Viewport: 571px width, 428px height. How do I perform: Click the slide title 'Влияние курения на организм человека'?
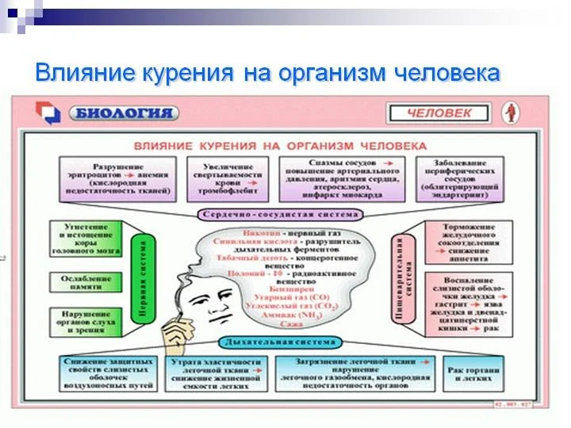pyautogui.click(x=268, y=74)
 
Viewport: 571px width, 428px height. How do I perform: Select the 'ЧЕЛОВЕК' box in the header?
pyautogui.click(x=439, y=113)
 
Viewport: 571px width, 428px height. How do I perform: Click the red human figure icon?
pyautogui.click(x=512, y=113)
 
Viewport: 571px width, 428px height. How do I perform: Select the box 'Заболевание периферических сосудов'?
pyautogui.click(x=460, y=180)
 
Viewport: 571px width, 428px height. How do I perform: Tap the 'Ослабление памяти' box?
pyautogui.click(x=86, y=281)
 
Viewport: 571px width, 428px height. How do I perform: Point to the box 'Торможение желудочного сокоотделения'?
pyautogui.click(x=463, y=241)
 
